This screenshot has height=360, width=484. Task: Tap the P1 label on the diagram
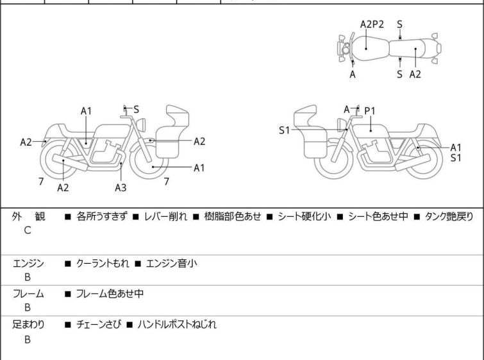pos(370,111)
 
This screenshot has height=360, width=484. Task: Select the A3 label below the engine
pos(121,187)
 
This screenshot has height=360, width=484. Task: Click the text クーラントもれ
pos(102,263)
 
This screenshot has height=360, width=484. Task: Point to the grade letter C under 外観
pos(28,231)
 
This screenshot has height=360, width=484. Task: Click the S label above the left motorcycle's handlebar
pos(136,110)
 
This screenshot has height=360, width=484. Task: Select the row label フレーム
pos(28,295)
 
